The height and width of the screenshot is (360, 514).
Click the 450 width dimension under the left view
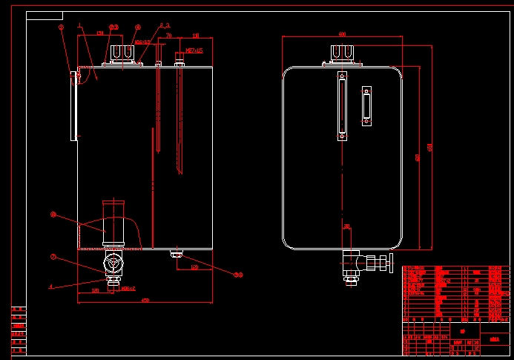click(145, 300)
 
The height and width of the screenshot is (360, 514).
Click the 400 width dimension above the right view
click(342, 34)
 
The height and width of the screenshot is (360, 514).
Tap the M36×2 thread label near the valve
click(128, 289)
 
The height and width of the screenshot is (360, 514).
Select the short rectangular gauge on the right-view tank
click(366, 106)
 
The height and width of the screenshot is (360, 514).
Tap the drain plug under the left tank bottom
click(177, 255)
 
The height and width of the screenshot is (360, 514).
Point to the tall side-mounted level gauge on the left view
click(73, 105)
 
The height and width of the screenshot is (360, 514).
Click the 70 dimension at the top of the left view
click(168, 35)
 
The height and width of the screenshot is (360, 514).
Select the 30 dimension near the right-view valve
click(346, 226)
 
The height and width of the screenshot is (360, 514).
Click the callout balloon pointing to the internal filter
click(53, 215)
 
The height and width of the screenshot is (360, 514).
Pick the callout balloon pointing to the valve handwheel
click(53, 258)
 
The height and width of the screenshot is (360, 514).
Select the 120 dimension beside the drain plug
click(194, 266)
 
